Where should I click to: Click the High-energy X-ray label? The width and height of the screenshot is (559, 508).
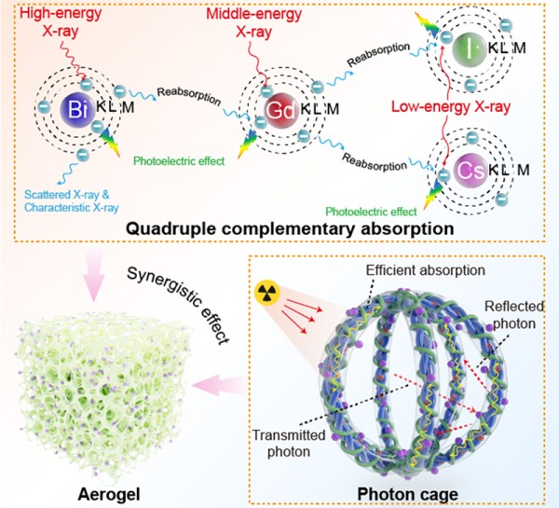(48, 23)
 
